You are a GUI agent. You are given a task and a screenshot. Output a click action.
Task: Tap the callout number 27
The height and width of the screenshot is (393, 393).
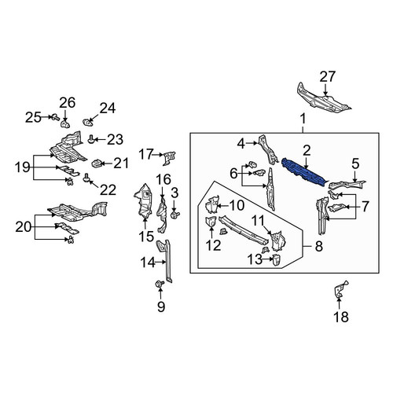pos(327,76)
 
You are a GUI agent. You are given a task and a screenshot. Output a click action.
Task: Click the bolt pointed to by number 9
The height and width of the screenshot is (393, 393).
pos(160,284)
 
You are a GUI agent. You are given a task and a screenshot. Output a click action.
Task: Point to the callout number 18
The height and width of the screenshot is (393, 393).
pos(341,317)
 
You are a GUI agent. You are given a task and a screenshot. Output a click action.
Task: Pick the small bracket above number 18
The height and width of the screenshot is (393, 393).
pos(341,289)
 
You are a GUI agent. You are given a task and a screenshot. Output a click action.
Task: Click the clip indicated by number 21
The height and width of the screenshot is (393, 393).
pos(96,164)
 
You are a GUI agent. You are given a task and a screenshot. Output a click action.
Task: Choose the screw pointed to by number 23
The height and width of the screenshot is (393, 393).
pos(91,139)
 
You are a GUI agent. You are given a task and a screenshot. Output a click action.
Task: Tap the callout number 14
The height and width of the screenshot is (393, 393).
pos(148,262)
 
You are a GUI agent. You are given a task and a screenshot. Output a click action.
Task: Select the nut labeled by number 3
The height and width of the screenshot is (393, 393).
pos(174,215)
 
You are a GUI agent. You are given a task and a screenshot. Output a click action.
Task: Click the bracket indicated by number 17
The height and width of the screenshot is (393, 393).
pos(169,158)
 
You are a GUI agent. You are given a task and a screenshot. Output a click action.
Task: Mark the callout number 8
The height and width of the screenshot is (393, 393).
pos(318,246)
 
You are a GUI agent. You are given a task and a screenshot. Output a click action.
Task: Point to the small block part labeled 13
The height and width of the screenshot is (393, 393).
pos(277,259)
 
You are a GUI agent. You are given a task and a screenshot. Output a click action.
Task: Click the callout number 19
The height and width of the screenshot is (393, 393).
pos(23,167)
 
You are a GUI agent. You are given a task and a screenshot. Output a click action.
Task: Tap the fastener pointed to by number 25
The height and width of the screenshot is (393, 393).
pos(55,117)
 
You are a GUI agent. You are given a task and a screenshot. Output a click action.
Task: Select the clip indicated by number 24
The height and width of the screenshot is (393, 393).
pos(88,122)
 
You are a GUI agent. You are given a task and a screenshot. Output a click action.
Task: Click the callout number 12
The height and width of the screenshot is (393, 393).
pos(213,245)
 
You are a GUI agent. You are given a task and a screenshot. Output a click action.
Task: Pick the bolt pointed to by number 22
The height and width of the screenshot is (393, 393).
pos(86,178)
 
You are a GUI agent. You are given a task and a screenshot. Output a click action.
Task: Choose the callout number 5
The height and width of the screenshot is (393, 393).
pos(355,163)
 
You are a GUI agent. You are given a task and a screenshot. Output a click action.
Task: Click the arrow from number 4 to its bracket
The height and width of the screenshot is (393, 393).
pos(252,143)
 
